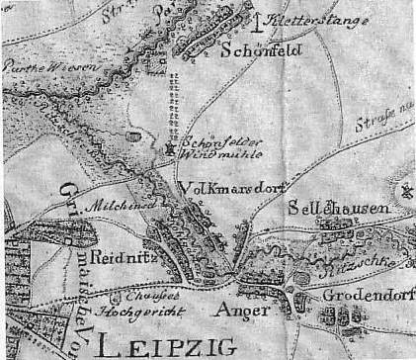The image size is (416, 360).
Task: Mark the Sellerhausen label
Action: pyautogui.click(x=335, y=211)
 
